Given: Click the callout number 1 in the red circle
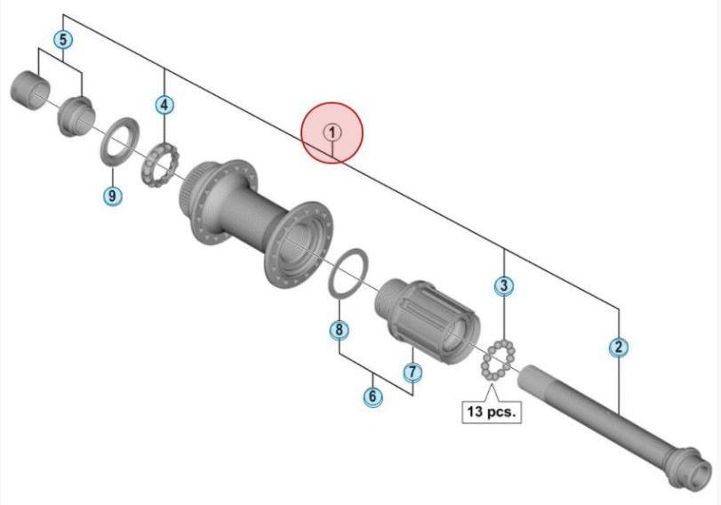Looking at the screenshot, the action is coord(332,132).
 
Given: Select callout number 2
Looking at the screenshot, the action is coord(619,347).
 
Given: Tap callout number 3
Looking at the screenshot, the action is coord(504,285).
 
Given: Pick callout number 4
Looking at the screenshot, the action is coord(164,105).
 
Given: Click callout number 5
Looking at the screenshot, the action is coord(63,39).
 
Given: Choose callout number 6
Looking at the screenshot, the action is coord(373,396).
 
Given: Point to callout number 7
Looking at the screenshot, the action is coord(412,372).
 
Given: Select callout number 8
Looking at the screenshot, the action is coord(339,329).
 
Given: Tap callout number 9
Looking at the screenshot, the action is coord(112,196).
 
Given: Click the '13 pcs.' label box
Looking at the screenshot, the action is coord(492,411).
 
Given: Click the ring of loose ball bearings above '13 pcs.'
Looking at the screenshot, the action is coord(498,360).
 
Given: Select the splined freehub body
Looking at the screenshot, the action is coord(427,320).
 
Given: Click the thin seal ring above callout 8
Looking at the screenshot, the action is coord(348,274).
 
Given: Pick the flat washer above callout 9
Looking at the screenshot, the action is coord(119,141).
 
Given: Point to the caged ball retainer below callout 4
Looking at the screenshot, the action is coord(159,165).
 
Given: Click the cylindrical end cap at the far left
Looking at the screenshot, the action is coord(30,91).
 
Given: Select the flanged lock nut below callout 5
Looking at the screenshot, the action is coord(76,116).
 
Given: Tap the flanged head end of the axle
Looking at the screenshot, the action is coord(686,470).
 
